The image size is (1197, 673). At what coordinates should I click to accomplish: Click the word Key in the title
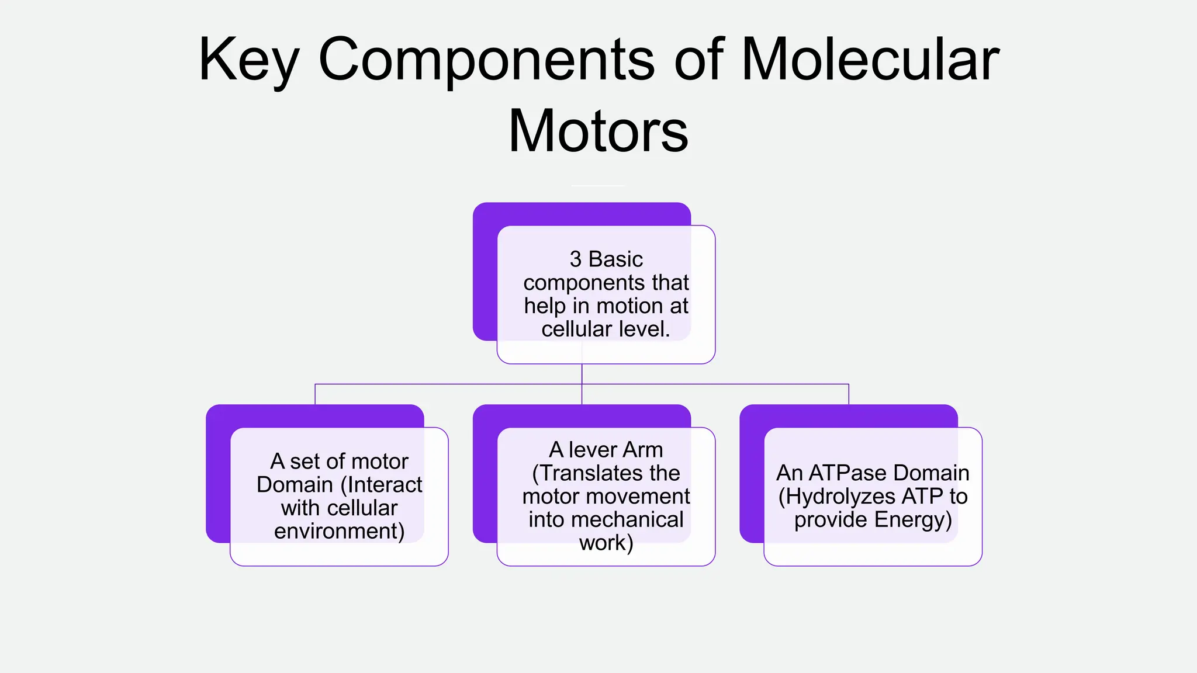point(248,60)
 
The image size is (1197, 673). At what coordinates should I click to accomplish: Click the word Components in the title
point(486,60)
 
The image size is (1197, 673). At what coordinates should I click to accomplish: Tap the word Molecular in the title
point(870,60)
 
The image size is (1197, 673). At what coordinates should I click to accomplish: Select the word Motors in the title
point(598,131)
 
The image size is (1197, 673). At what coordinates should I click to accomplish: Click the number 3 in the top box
point(576,259)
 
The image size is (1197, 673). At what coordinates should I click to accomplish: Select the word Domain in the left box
point(295,485)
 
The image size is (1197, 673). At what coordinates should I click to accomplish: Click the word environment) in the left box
point(339,532)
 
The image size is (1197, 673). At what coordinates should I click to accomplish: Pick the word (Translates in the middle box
point(606,473)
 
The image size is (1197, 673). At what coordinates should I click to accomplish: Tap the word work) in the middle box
point(606,543)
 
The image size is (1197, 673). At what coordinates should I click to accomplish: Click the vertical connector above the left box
point(315,394)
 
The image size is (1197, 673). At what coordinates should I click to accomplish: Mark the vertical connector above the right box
point(849,394)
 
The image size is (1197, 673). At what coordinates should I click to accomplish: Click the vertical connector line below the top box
point(582,374)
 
